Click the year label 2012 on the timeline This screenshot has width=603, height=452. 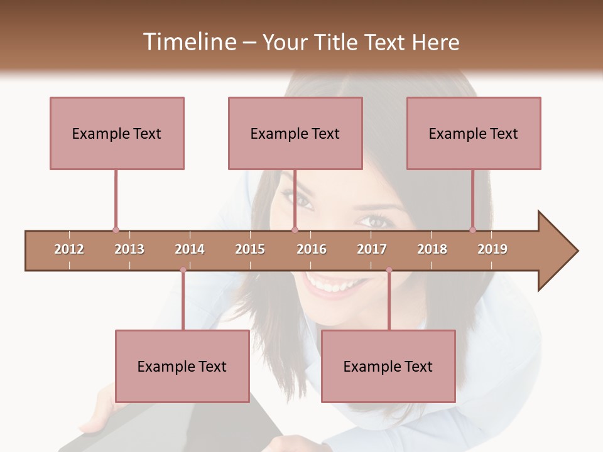69,249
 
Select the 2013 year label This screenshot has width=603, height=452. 129,249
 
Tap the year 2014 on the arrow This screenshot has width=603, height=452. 190,249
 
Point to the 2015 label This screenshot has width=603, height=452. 250,249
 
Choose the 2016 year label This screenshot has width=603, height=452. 312,249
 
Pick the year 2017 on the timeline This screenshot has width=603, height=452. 372,249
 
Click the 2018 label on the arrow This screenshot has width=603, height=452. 432,249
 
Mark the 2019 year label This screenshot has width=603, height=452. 492,249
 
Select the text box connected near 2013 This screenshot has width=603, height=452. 117,133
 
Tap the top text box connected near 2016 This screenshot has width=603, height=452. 295,133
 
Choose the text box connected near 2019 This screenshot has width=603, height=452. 474,133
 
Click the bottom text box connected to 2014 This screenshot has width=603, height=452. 182,366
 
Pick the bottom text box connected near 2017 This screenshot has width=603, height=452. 388,366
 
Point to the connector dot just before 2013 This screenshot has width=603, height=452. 116,230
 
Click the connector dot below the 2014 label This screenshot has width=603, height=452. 183,270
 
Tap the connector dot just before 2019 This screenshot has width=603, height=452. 472,230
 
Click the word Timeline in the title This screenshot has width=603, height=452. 188,42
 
